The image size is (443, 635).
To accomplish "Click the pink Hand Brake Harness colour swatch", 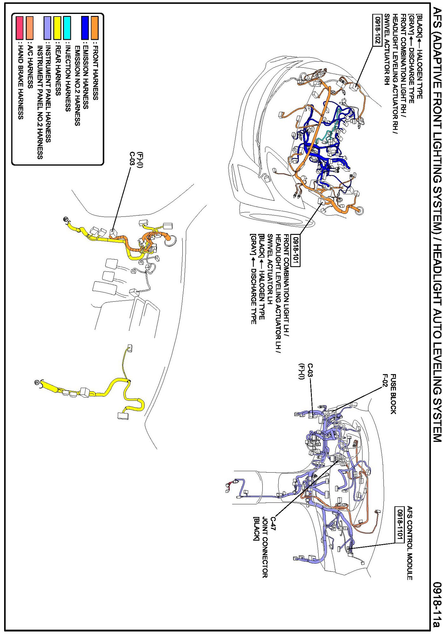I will tap(20, 28).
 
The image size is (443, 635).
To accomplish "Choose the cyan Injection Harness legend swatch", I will tap(67, 28).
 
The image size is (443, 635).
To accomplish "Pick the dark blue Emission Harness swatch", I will tap(85, 28).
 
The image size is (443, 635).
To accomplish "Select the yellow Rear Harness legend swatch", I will tap(58, 28).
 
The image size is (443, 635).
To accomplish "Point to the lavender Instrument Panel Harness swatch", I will tap(48, 28).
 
